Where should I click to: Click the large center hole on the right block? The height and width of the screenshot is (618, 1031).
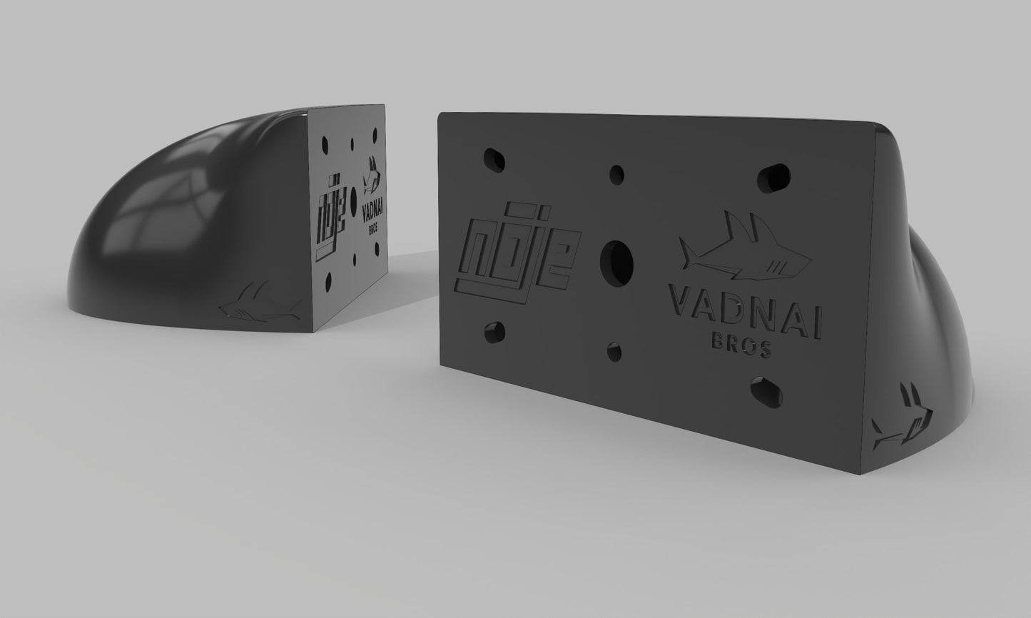point(616,263)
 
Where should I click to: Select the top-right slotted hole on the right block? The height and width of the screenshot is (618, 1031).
point(773,178)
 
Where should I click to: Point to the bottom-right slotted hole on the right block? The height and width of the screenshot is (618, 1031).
point(766,392)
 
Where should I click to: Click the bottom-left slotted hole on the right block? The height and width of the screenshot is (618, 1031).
point(494,333)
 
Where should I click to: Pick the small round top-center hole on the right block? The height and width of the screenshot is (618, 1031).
point(616,176)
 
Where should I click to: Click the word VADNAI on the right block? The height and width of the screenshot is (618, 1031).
point(746,313)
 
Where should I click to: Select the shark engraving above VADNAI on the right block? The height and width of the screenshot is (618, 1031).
point(745,248)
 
